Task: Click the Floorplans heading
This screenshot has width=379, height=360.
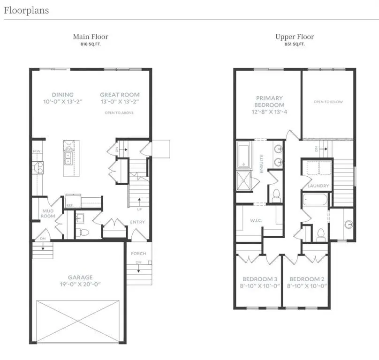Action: point(26,10)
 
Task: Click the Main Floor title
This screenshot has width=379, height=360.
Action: point(91,37)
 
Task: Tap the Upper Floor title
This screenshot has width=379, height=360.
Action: point(295,37)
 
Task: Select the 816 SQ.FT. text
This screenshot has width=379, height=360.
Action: point(91,44)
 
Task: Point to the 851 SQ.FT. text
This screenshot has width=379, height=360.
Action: point(295,44)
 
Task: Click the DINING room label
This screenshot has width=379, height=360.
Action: point(62,95)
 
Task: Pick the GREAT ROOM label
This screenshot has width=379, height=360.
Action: point(120,95)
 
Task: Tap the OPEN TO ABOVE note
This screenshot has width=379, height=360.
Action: point(120,113)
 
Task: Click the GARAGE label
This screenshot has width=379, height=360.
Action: point(79,277)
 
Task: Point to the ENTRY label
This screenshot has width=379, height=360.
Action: point(137,222)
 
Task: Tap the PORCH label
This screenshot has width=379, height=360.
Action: point(138,254)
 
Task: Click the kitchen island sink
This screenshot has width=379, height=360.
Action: point(68,157)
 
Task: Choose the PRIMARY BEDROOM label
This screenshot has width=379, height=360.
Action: point(269,102)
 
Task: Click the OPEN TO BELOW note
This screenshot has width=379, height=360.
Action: point(328,102)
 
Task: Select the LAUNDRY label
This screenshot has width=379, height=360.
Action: point(318,186)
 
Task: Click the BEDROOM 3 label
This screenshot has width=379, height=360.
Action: point(258,279)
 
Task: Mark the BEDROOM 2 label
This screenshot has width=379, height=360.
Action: point(307,279)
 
